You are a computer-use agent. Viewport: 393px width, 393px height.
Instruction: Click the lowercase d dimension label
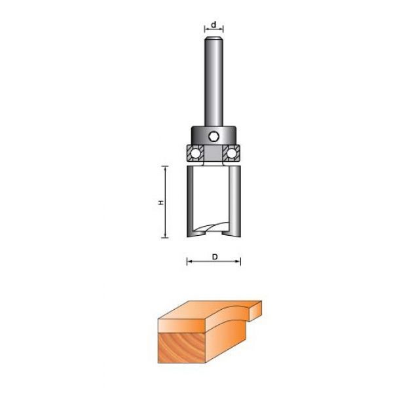[x=214, y=25]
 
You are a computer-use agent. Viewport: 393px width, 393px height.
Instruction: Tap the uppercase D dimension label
[x=215, y=257]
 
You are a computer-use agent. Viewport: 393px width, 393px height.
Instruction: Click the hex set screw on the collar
[x=214, y=137]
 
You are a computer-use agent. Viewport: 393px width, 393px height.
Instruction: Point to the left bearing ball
[x=195, y=153]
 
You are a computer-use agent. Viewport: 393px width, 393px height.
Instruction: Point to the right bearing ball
[x=231, y=153]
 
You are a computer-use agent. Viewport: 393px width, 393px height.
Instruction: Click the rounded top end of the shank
[x=214, y=39]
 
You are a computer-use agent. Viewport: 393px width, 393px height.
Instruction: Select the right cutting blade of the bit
[x=234, y=201]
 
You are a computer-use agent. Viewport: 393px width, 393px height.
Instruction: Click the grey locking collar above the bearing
[x=214, y=136]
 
